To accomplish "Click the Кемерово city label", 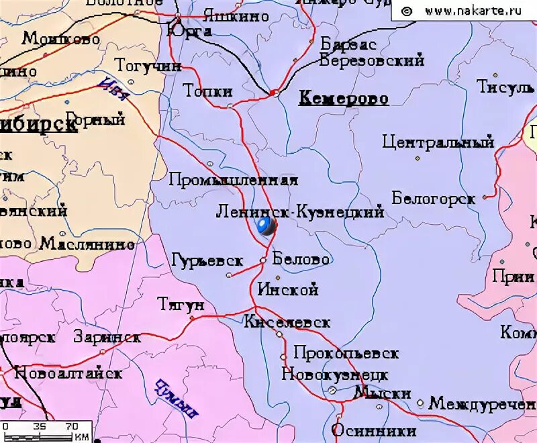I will tap(343, 99).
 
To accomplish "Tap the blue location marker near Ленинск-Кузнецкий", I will tap(266, 226).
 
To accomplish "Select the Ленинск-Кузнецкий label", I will tap(300, 212).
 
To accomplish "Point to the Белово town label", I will tap(301, 259).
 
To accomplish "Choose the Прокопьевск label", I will tap(346, 353).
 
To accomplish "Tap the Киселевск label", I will tap(287, 322).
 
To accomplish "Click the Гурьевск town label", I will tap(207, 259).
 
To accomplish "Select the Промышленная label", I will tap(233, 180).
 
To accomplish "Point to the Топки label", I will tap(208, 91).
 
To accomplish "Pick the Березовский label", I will tap(372, 60).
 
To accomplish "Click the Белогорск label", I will tap(434, 199).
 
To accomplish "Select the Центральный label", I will tap(438, 142).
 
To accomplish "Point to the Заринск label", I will tap(107, 337).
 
